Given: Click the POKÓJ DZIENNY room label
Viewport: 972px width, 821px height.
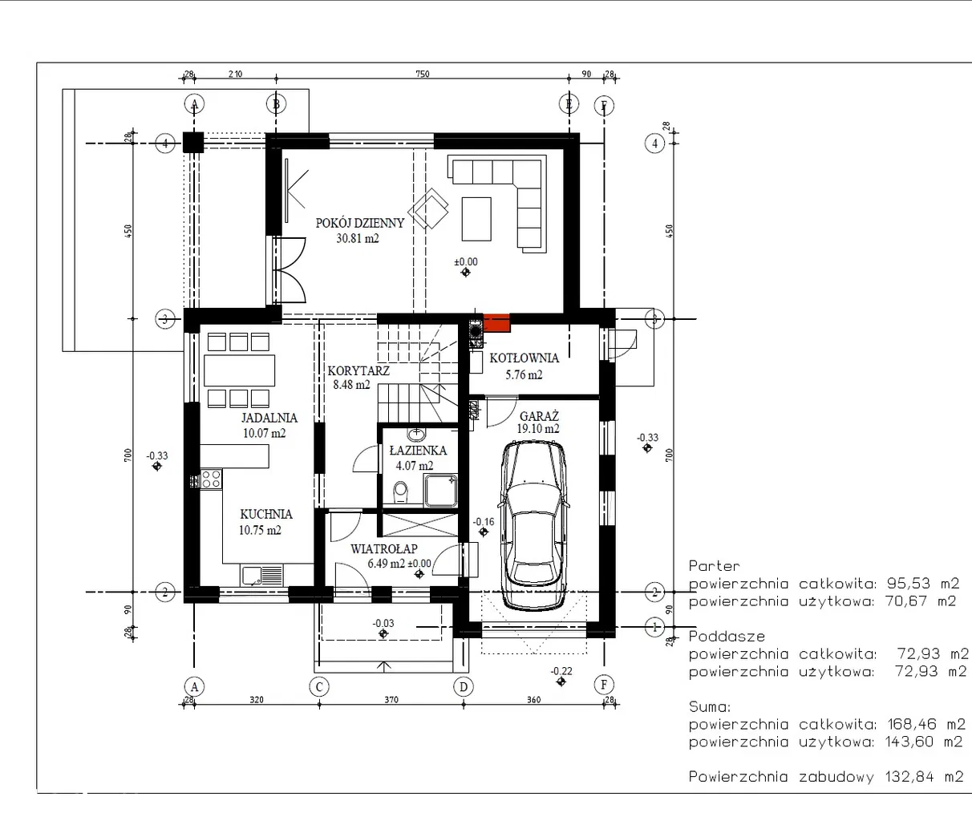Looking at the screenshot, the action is tap(360, 223).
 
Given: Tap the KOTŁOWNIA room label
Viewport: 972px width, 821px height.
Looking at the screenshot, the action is tap(524, 358).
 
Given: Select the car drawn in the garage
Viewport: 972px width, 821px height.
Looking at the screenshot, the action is tap(533, 525).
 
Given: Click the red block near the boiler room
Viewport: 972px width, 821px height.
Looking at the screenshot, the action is tap(496, 322).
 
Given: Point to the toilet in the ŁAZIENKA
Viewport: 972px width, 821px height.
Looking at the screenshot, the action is tap(400, 492).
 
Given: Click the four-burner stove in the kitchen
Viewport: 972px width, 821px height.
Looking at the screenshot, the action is tap(211, 479).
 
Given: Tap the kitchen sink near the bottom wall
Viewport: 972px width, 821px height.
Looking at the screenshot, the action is tap(261, 575).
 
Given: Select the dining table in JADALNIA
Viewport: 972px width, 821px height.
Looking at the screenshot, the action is tap(239, 370).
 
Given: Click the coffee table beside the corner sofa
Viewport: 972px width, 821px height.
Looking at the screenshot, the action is tap(476, 219).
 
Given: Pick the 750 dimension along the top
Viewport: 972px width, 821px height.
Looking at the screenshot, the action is tap(422, 74).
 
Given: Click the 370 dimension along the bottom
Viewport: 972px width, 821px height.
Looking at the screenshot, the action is tap(391, 699).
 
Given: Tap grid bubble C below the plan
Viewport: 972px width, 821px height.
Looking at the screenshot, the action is tap(319, 686).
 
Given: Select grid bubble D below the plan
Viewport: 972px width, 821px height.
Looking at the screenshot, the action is tap(464, 686).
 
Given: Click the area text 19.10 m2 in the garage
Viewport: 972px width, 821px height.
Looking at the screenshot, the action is tap(538, 429).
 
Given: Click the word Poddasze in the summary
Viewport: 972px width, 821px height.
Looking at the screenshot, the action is tap(727, 637).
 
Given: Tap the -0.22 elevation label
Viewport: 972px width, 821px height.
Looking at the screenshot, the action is tap(561, 671).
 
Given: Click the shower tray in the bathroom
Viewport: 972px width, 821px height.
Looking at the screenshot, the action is tap(441, 491).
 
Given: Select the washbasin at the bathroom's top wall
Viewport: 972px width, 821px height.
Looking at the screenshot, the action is tap(416, 435).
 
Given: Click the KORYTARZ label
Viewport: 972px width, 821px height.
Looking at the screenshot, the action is tap(358, 371).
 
